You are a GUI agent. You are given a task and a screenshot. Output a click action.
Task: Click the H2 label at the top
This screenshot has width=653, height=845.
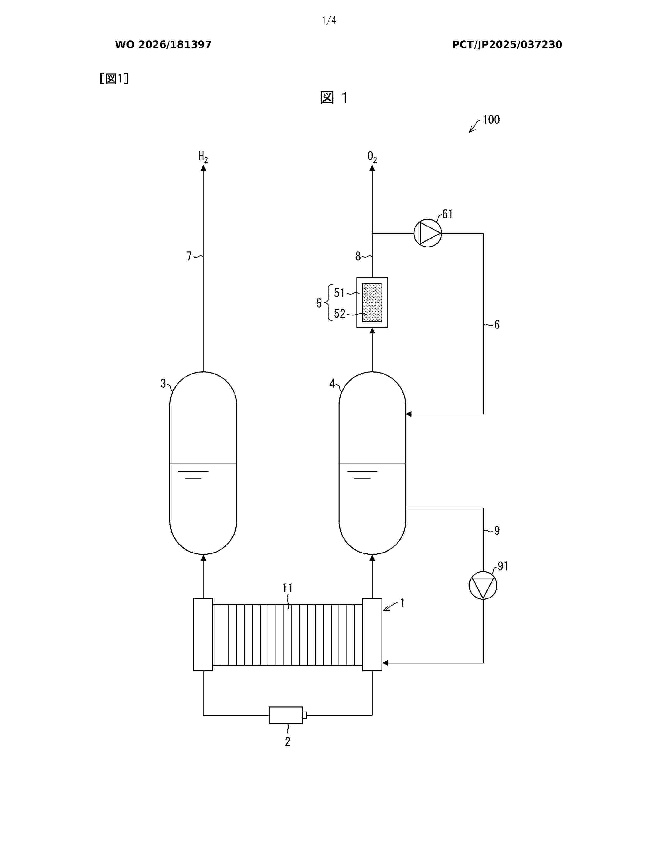(x=203, y=157)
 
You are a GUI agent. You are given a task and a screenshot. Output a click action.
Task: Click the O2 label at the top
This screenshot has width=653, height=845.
(x=372, y=157)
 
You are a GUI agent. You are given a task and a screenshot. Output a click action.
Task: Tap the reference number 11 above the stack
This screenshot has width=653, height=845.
(x=287, y=588)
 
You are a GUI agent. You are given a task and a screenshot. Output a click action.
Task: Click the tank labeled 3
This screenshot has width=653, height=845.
(x=203, y=463)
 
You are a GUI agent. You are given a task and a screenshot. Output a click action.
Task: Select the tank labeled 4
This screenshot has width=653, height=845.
(x=372, y=463)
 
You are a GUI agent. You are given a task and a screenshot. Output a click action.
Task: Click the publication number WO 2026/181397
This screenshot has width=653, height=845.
(x=163, y=45)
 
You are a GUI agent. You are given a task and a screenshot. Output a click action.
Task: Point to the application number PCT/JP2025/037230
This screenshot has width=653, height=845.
(x=507, y=45)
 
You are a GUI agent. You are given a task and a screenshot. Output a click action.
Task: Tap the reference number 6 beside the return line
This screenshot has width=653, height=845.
(x=497, y=325)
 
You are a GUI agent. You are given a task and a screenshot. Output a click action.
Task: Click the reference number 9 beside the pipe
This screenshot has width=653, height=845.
(x=497, y=531)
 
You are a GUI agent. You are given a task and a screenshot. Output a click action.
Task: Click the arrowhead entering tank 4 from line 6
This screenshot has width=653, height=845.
(x=408, y=414)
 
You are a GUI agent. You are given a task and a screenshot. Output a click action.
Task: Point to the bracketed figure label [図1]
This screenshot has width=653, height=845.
(x=114, y=79)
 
